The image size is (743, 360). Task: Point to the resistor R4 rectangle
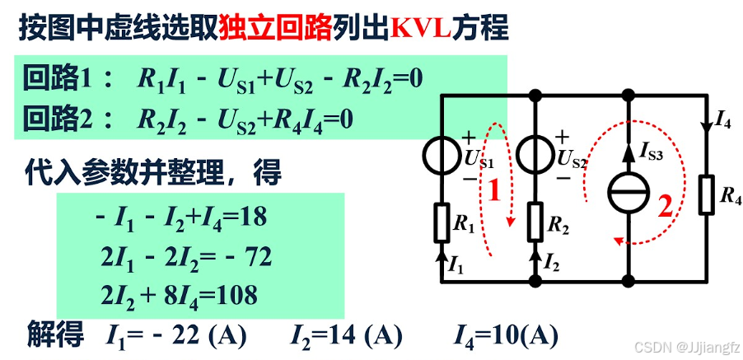[705, 195]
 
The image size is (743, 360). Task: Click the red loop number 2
[664, 206]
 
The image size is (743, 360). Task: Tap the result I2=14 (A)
[345, 336]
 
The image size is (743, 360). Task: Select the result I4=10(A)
[506, 336]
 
